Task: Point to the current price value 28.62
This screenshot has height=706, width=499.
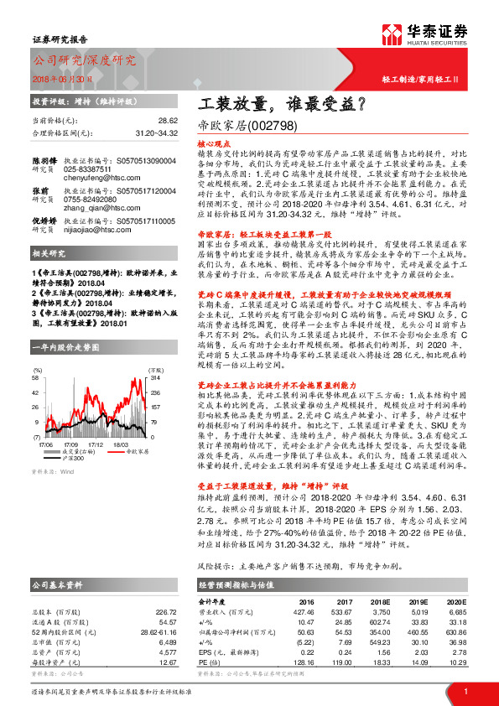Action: (168, 121)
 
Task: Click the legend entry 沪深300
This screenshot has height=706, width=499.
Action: (72, 458)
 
